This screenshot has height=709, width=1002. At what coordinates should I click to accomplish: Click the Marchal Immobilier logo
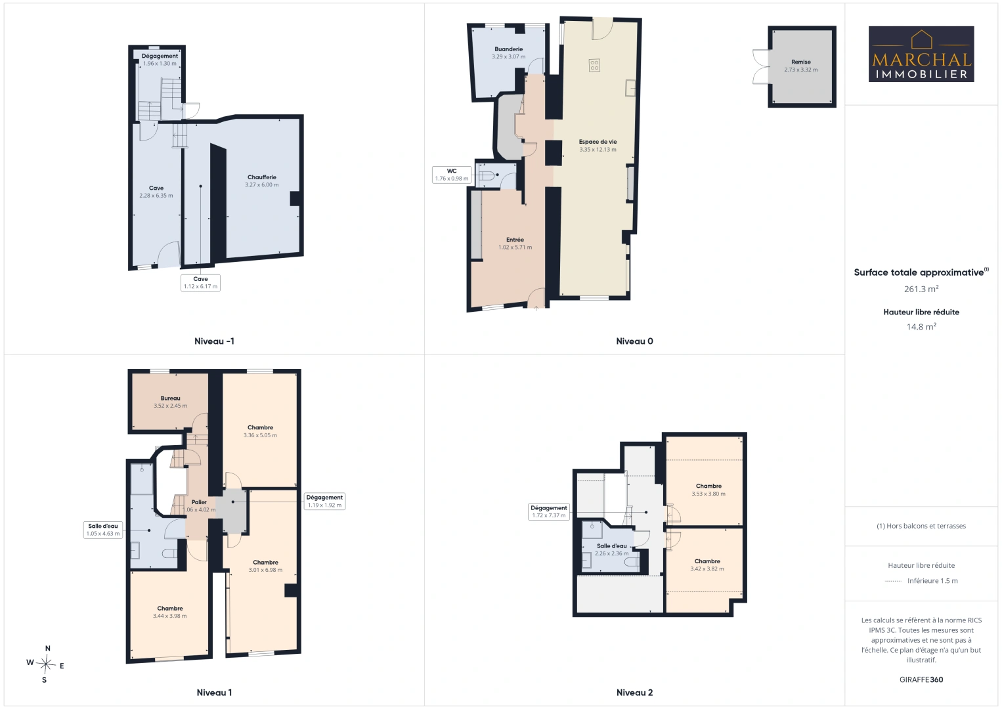[921, 54]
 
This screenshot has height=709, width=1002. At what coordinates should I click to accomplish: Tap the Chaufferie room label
[262, 177]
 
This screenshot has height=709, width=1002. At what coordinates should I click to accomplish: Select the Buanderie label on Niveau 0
[509, 49]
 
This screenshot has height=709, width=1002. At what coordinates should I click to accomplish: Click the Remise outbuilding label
[800, 62]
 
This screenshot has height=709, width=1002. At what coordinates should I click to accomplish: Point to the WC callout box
[452, 175]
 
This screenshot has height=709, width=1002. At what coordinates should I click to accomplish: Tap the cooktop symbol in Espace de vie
[594, 65]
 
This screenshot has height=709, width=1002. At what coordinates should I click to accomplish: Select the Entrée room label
[515, 240]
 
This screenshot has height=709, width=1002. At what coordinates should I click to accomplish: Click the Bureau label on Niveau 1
[171, 398]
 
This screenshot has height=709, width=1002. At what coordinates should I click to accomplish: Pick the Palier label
[199, 502]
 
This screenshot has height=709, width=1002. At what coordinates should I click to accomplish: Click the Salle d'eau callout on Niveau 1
[103, 530]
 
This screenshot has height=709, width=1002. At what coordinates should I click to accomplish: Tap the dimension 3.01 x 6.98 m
[265, 570]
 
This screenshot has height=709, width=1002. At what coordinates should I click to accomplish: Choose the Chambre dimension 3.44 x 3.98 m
[170, 616]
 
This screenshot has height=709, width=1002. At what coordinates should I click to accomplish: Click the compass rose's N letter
[48, 649]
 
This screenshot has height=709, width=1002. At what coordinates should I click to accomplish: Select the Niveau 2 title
[634, 693]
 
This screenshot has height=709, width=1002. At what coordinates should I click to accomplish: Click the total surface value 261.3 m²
[921, 289]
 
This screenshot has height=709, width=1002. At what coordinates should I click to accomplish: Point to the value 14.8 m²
[921, 326]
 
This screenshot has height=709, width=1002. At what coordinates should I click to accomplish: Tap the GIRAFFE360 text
[921, 679]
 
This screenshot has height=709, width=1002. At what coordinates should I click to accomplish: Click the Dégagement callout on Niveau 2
[549, 512]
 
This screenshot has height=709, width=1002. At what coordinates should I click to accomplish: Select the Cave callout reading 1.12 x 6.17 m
[200, 283]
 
